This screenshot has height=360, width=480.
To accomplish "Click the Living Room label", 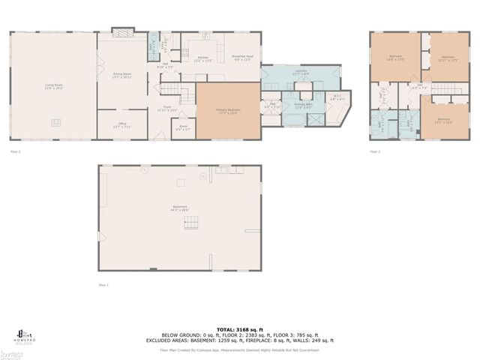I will point(53,85).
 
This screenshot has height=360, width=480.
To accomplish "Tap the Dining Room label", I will point(122,75).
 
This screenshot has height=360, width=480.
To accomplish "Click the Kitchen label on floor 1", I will point(202,58).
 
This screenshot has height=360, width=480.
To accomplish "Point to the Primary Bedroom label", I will point(228,112).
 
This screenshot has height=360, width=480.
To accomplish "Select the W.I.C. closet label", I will point(337,97).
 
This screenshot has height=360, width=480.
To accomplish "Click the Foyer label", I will point(168,109).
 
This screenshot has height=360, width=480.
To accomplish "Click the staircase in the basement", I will point(193,222).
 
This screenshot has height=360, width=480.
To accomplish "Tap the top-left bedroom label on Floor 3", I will point(396,58).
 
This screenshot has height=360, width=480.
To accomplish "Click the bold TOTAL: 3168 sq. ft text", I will point(240,328).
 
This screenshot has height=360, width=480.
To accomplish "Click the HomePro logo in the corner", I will point(22,335).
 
